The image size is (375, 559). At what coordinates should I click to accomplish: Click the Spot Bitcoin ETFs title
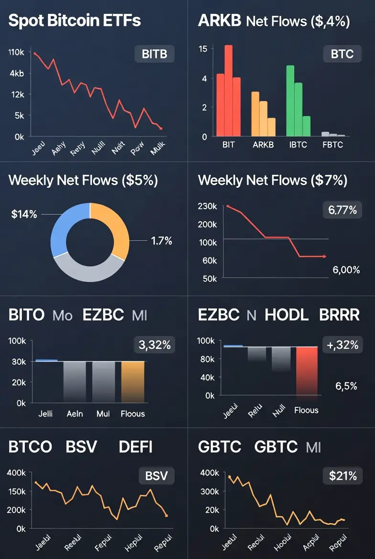(75, 22)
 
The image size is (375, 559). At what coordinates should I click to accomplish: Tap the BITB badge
(154, 54)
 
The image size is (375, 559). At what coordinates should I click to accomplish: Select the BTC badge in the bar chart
(342, 54)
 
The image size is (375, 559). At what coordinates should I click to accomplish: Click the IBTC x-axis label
(298, 145)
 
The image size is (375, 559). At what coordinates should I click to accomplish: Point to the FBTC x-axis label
(333, 145)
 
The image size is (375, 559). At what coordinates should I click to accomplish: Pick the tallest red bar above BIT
(229, 91)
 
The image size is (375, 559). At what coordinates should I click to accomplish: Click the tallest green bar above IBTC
(290, 101)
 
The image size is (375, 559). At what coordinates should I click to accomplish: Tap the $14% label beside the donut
(24, 214)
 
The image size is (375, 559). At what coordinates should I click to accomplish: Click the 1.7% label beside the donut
(162, 241)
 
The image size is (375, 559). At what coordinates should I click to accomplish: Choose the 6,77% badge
(342, 210)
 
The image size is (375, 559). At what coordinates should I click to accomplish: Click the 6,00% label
(346, 270)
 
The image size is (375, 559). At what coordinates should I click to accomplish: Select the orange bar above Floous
(132, 382)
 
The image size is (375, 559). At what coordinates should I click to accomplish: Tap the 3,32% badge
(154, 344)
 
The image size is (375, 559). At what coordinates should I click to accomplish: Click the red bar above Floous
(307, 371)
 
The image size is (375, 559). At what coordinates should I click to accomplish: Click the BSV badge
(156, 476)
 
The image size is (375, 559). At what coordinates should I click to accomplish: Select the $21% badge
(342, 476)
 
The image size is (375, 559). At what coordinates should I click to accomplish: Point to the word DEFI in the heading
(135, 447)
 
